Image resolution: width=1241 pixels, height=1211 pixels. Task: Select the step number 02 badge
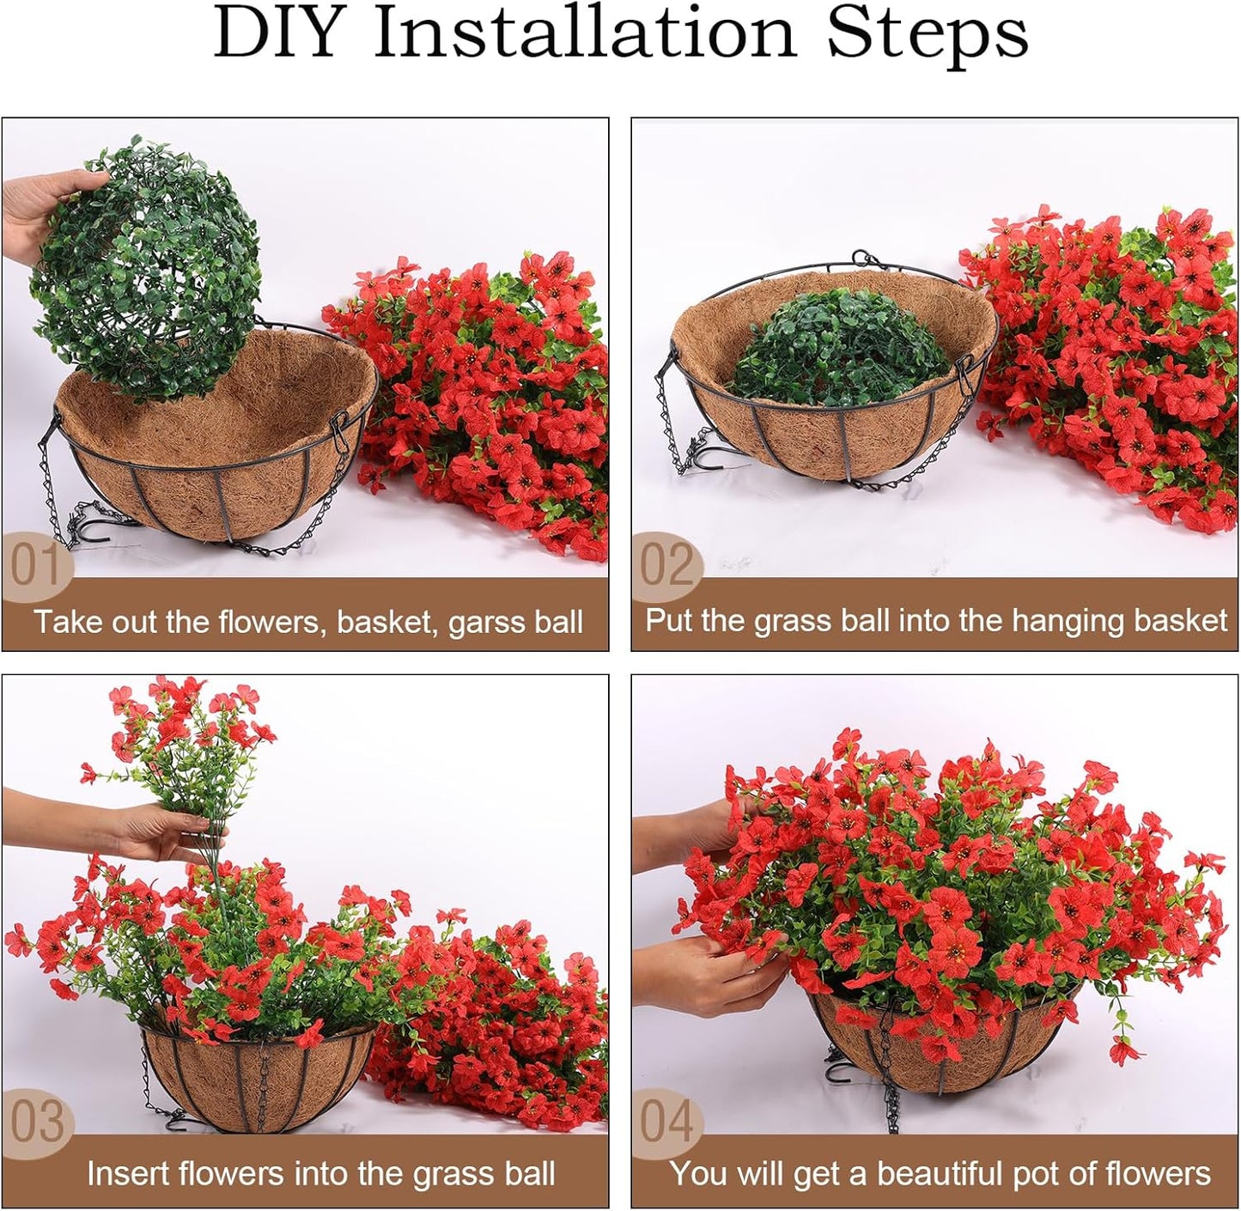(x=666, y=565)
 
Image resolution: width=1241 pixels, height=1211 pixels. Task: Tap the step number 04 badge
(x=667, y=1122)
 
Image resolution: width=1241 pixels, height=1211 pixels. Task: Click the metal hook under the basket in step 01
(x=94, y=528)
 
